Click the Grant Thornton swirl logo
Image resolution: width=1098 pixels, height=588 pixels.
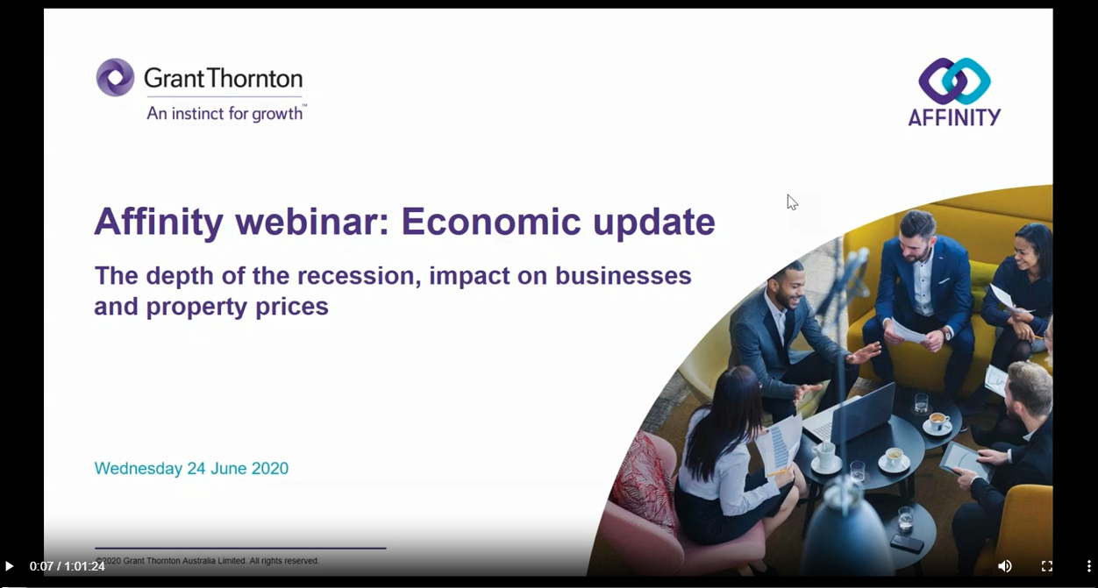[x=115, y=77]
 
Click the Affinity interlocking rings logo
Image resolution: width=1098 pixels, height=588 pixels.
[x=954, y=81]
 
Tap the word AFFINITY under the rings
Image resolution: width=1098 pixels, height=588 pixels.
[x=954, y=117]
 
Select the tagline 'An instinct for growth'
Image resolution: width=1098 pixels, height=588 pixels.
[x=225, y=114]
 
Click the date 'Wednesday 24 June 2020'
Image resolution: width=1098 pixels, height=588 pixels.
[x=191, y=469]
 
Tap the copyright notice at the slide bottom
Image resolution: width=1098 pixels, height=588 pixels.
[x=207, y=561]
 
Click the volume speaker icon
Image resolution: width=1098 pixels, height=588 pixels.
[x=1004, y=566]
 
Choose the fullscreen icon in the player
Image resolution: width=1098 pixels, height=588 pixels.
[x=1046, y=566]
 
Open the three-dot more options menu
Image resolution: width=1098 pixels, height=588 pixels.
[x=1088, y=566]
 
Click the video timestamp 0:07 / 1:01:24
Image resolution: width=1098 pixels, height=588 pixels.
[x=68, y=566]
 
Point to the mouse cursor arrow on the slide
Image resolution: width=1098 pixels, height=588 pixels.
[x=792, y=202]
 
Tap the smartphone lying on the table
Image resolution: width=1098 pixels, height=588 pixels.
[x=907, y=543]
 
